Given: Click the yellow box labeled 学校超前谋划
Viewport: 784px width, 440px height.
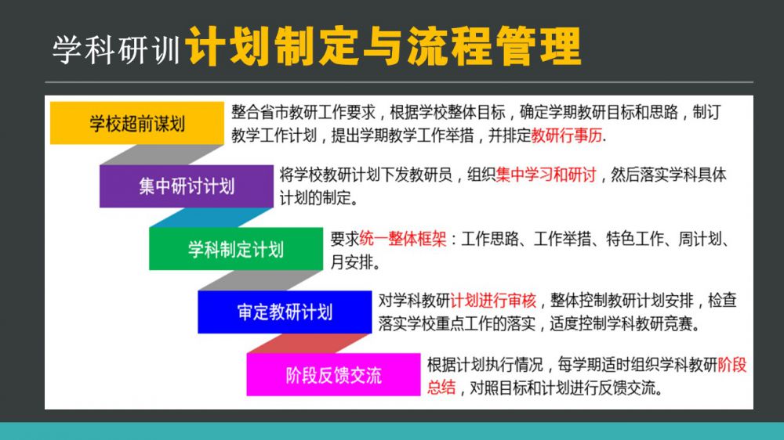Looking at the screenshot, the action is pyautogui.click(x=137, y=123).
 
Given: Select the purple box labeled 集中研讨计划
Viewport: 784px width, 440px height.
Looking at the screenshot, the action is pyautogui.click(x=187, y=186).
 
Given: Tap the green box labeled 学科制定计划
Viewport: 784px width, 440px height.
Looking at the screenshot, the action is pyautogui.click(x=236, y=249).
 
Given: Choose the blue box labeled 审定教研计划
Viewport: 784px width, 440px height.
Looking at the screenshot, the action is pyautogui.click(x=285, y=312).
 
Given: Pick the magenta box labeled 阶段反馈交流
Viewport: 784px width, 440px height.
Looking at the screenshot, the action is pyautogui.click(x=333, y=374).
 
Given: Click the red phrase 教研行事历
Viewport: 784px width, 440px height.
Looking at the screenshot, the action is pyautogui.click(x=567, y=135).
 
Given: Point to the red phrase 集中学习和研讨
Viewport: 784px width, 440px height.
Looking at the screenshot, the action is pyautogui.click(x=546, y=175).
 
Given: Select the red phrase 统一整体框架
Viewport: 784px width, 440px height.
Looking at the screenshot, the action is pyautogui.click(x=402, y=239).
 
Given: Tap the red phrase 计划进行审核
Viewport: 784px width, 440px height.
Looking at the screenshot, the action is pyautogui.click(x=493, y=301).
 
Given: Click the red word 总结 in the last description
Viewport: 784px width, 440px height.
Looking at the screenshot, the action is pyautogui.click(x=441, y=388).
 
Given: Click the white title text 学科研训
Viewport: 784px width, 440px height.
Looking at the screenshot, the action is pyautogui.click(x=117, y=49).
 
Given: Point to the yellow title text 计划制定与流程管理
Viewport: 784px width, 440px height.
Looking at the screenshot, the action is pyautogui.click(x=383, y=46).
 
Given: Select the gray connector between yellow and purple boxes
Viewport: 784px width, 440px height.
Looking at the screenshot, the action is pyautogui.click(x=162, y=155).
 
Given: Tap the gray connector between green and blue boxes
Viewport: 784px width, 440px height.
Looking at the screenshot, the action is pyautogui.click(x=260, y=281).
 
